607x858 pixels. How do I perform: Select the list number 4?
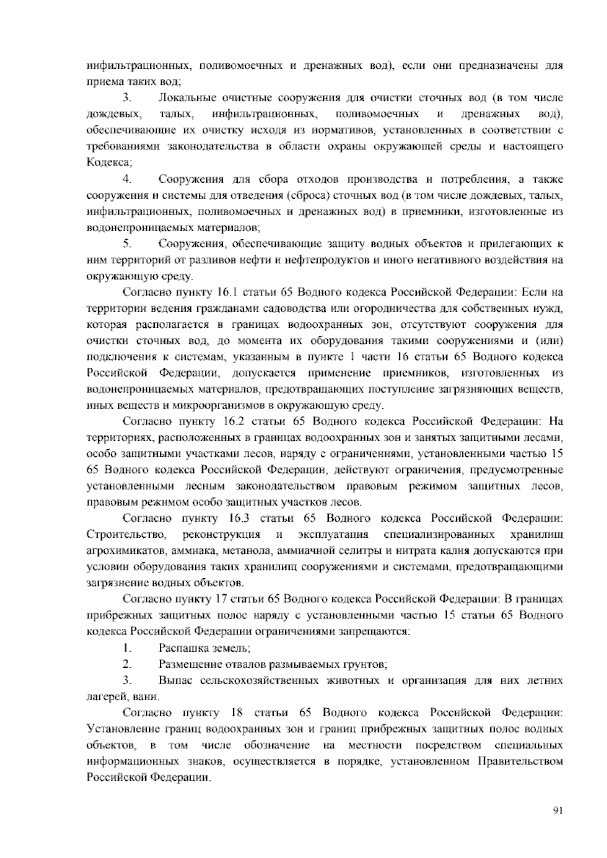click(x=127, y=179)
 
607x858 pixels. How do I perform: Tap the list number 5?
click(x=127, y=244)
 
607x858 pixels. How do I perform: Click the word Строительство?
click(x=127, y=535)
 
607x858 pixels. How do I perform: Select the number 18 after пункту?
click(x=237, y=713)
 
